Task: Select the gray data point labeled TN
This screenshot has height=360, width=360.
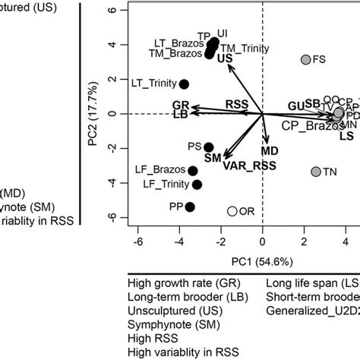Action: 316,172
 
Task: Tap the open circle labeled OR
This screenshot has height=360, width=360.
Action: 232,211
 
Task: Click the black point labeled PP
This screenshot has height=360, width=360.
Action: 190,207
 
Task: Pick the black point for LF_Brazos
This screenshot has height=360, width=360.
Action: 193,171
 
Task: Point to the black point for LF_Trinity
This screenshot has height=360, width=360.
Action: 197,185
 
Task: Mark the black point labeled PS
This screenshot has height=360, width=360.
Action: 208,147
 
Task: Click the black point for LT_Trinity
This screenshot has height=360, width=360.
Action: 184,84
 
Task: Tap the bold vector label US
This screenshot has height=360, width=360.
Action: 225,58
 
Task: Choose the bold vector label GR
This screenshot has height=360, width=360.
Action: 180,104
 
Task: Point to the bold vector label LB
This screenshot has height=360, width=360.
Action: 180,115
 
